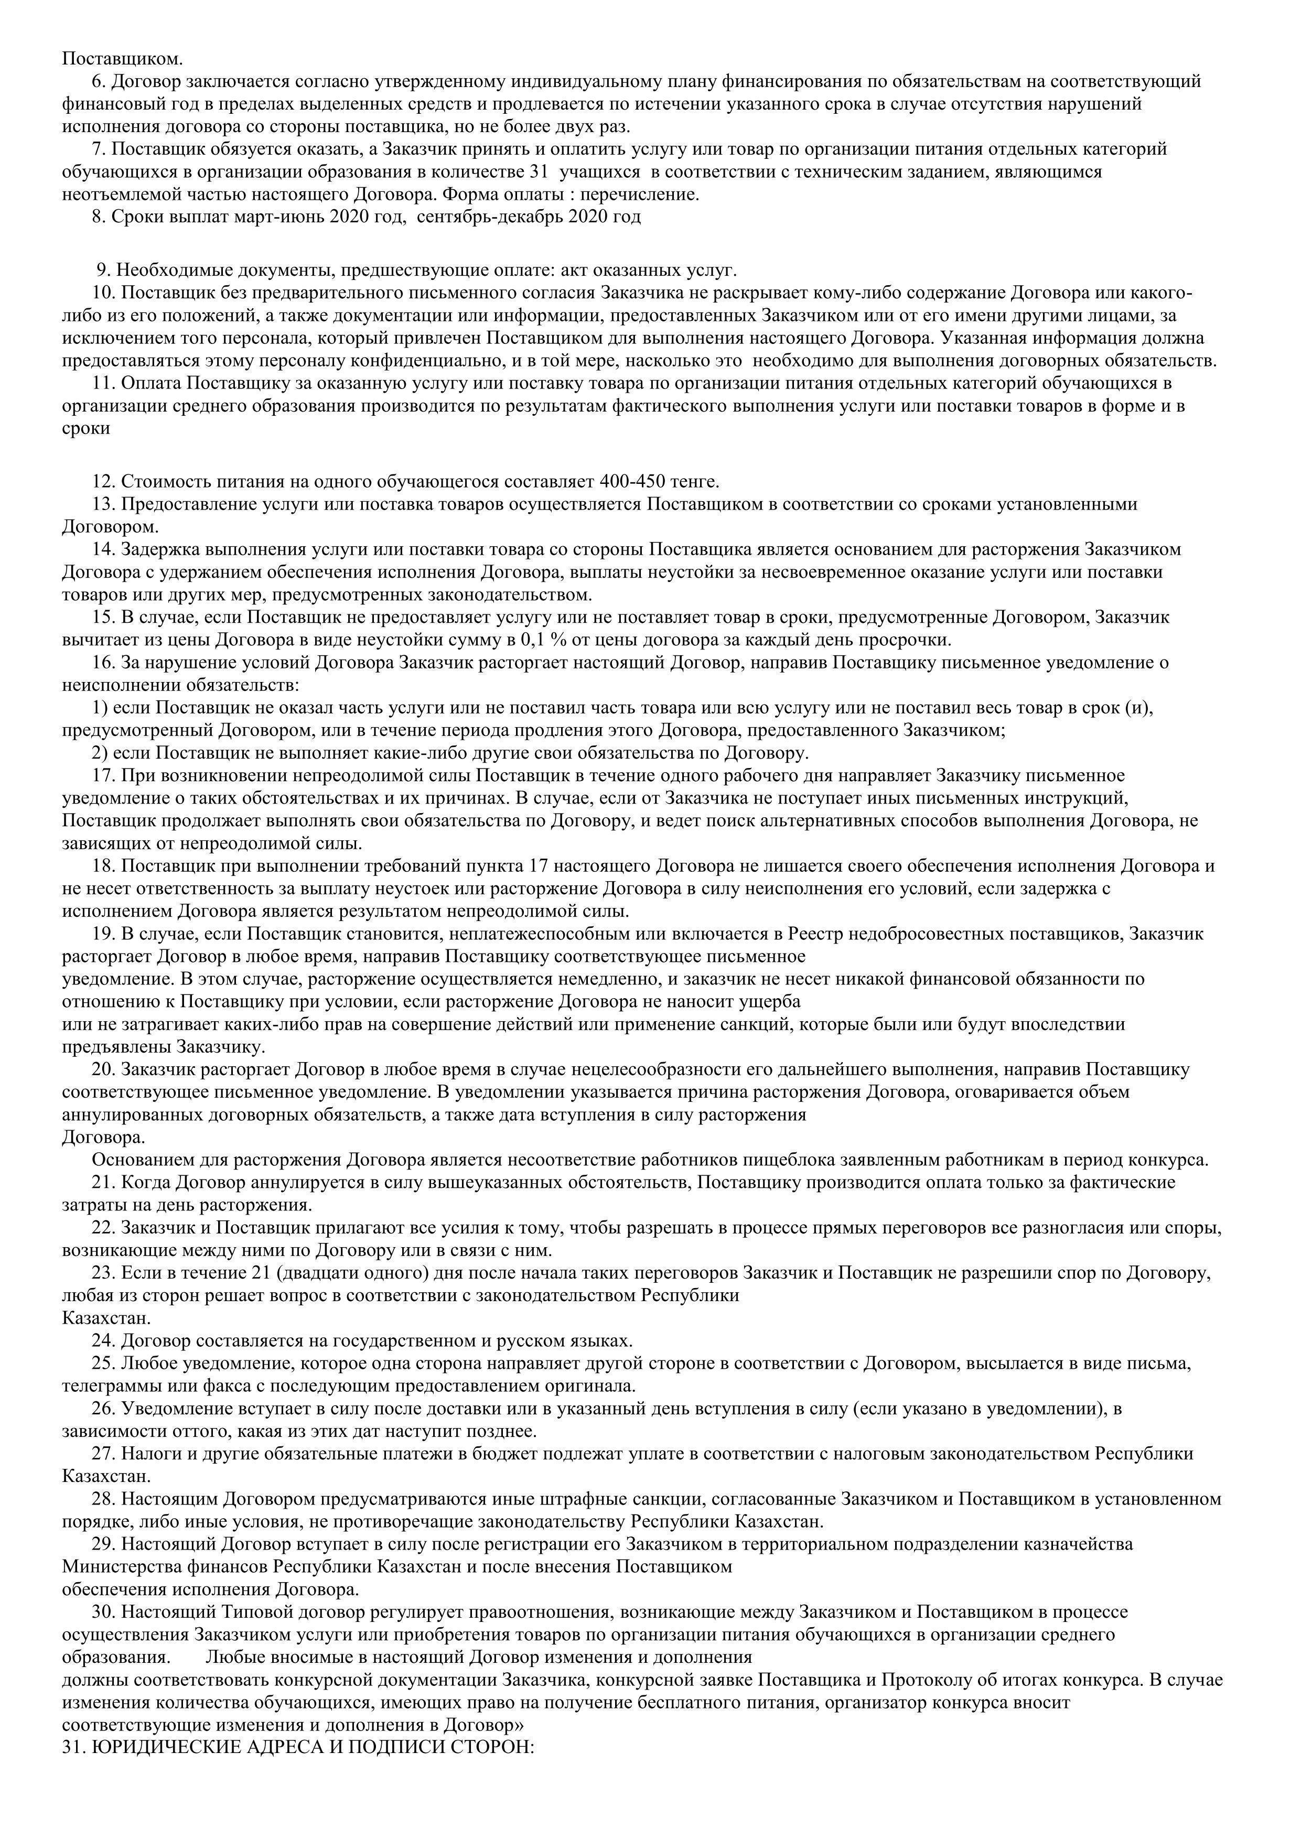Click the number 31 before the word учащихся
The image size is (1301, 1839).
point(539,171)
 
